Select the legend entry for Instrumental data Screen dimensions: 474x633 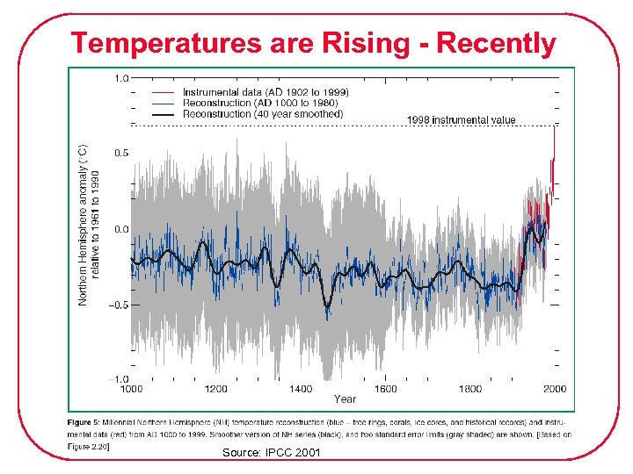(x=265, y=92)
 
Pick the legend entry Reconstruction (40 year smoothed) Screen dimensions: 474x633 (x=263, y=113)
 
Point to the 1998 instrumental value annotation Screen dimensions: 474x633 (x=460, y=120)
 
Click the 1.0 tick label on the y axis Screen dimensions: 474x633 (x=120, y=77)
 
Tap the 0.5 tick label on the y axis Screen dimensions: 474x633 (x=120, y=153)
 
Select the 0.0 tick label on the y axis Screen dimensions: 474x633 (x=120, y=229)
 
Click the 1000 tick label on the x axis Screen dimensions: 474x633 (x=131, y=389)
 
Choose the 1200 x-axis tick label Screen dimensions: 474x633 (x=215, y=389)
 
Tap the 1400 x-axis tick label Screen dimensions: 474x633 (x=300, y=389)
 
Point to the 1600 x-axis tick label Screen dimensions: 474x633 (x=385, y=389)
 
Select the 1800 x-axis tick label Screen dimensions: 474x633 (x=470, y=389)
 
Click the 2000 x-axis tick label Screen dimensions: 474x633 (x=554, y=389)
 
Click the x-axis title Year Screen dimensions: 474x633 (x=345, y=399)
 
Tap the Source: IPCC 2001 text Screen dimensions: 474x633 (x=271, y=453)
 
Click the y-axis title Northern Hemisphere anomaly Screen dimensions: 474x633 (x=84, y=226)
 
